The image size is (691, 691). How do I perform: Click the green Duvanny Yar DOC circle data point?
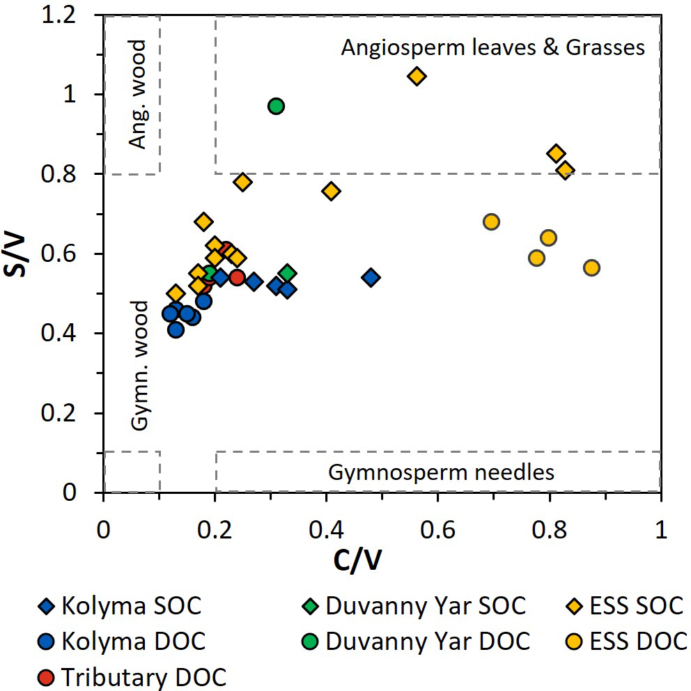276,106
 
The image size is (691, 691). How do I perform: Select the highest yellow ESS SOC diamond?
417,75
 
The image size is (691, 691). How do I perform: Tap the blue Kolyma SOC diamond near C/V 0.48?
371,277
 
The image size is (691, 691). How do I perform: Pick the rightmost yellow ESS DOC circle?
591,267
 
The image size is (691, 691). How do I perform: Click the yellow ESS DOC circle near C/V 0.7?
491,222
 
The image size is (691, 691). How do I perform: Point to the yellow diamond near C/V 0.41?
332,191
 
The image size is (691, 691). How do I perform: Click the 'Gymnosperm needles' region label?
442,472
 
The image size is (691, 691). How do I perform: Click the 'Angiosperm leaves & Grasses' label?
493,47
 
